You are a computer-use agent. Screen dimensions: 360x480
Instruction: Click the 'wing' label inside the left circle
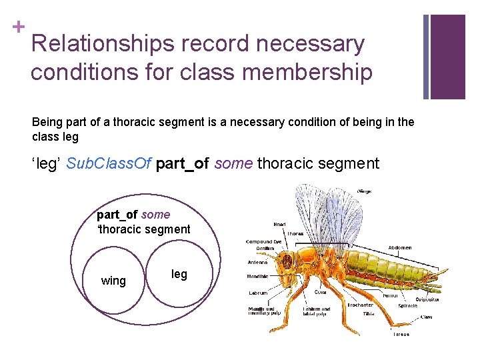pos(113,281)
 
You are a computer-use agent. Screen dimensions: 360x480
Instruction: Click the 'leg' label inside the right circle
pos(179,274)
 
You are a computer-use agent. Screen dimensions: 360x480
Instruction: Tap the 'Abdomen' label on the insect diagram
pos(399,247)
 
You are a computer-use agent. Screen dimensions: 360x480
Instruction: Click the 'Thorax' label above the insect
pos(295,234)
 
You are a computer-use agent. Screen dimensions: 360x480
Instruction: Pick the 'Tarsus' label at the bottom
pos(401,334)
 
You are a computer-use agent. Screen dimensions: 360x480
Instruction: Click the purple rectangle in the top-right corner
pos(448,56)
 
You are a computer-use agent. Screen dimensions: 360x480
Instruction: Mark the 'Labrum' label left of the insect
pos(258,293)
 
